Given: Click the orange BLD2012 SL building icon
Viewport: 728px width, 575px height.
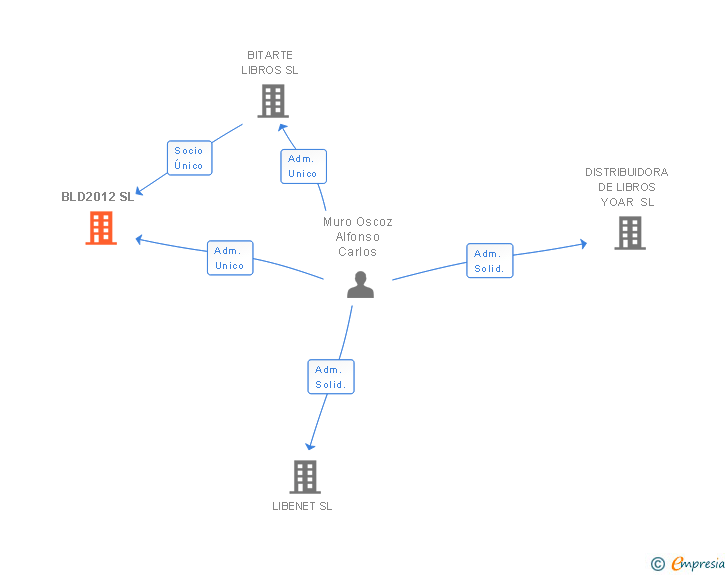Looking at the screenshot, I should coord(101,228).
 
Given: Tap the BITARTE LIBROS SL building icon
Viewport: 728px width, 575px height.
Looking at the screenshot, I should coord(272,101).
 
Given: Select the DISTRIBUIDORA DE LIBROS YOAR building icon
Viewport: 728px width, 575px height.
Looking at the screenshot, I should coord(629,233).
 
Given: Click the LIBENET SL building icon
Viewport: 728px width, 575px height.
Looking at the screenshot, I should coord(305,477).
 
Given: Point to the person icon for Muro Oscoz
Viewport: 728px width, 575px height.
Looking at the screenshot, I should coord(360,285).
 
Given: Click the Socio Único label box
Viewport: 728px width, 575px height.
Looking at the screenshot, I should coord(189,158).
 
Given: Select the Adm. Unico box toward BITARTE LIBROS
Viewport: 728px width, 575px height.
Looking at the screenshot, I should coord(302,166).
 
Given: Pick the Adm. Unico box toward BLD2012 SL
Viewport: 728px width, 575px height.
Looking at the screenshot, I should coord(230,258).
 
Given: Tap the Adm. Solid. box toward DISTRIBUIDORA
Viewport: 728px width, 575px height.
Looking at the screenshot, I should coord(490,261).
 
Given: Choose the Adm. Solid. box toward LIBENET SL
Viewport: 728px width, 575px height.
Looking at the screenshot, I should coord(330,377).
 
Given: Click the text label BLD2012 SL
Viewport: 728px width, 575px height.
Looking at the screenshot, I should coord(97,196).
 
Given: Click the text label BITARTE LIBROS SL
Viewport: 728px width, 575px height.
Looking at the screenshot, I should coord(270,63).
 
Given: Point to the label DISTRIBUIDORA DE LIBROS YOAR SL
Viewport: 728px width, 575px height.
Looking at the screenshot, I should coord(627,187).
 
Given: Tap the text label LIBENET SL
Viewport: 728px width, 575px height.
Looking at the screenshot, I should coord(302,506).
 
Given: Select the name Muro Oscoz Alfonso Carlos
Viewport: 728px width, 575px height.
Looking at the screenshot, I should coord(358,237).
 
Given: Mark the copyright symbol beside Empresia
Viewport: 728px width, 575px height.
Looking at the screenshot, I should coord(658,564).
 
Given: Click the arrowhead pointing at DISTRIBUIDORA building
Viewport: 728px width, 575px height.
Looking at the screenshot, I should coord(582,243).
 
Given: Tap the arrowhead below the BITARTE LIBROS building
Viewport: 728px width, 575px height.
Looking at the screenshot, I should coord(283,127).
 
